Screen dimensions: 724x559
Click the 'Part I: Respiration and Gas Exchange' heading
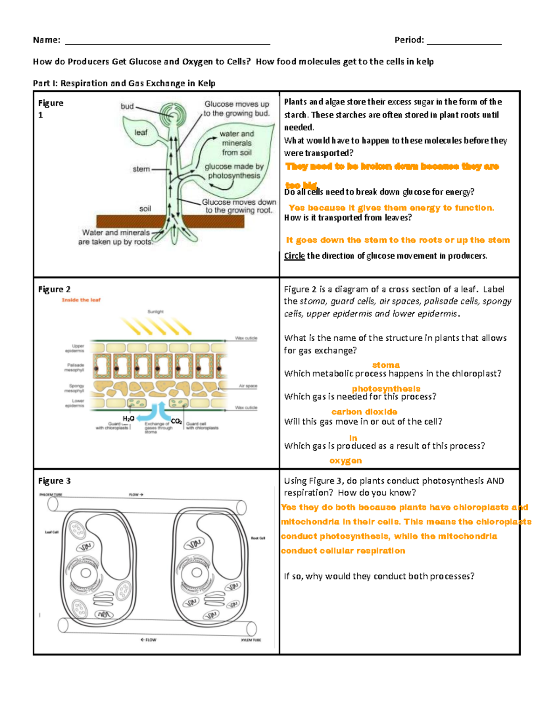pos(124,83)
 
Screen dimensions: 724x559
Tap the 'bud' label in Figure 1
pos(127,106)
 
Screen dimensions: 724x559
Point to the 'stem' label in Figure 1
pos(141,169)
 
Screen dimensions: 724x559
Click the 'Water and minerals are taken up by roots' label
pos(116,237)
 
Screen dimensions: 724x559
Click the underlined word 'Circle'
pos(294,255)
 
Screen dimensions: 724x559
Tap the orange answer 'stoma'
pos(386,365)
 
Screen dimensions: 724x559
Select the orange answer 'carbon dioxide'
pos(364,412)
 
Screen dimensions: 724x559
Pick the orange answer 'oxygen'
pos(346,461)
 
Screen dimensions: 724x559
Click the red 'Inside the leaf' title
pos(81,300)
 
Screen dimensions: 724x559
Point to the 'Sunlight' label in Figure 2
pos(156,311)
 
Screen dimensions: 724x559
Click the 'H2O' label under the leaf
pos(129,419)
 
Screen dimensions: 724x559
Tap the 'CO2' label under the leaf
pos(176,421)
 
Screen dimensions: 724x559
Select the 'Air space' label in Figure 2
pos(248,386)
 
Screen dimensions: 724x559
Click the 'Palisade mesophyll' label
pos(75,367)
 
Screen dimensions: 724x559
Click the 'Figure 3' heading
pos(55,481)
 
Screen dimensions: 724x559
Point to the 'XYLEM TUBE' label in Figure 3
pos(251,640)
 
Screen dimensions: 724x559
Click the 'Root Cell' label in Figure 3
pos(258,538)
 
